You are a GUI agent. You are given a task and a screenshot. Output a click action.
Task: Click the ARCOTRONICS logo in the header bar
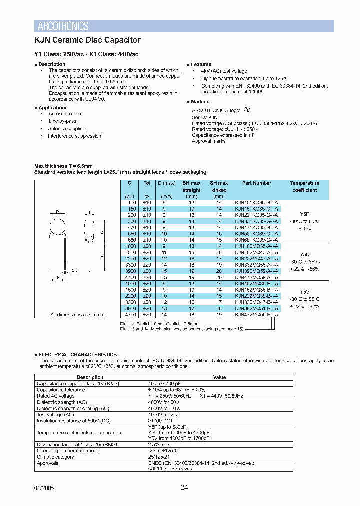pyautogui.click(x=63, y=26)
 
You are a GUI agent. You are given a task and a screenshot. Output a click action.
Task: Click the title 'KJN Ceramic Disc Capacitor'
pyautogui.click(x=87, y=40)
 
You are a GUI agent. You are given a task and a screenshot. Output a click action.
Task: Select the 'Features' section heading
pyautogui.click(x=201, y=64)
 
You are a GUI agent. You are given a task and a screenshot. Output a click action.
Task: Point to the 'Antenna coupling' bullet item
pyautogui.click(x=67, y=129)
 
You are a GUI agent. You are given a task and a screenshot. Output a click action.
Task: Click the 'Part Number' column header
pyautogui.click(x=256, y=183)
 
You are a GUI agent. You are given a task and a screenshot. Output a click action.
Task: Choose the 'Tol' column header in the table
pyautogui.click(x=147, y=183)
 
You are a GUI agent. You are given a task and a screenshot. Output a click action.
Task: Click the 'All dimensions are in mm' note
pyautogui.click(x=77, y=315)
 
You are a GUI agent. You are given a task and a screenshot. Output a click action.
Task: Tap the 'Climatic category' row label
pyautogui.click(x=54, y=457)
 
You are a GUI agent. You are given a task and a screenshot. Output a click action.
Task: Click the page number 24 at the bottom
pyautogui.click(x=184, y=488)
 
